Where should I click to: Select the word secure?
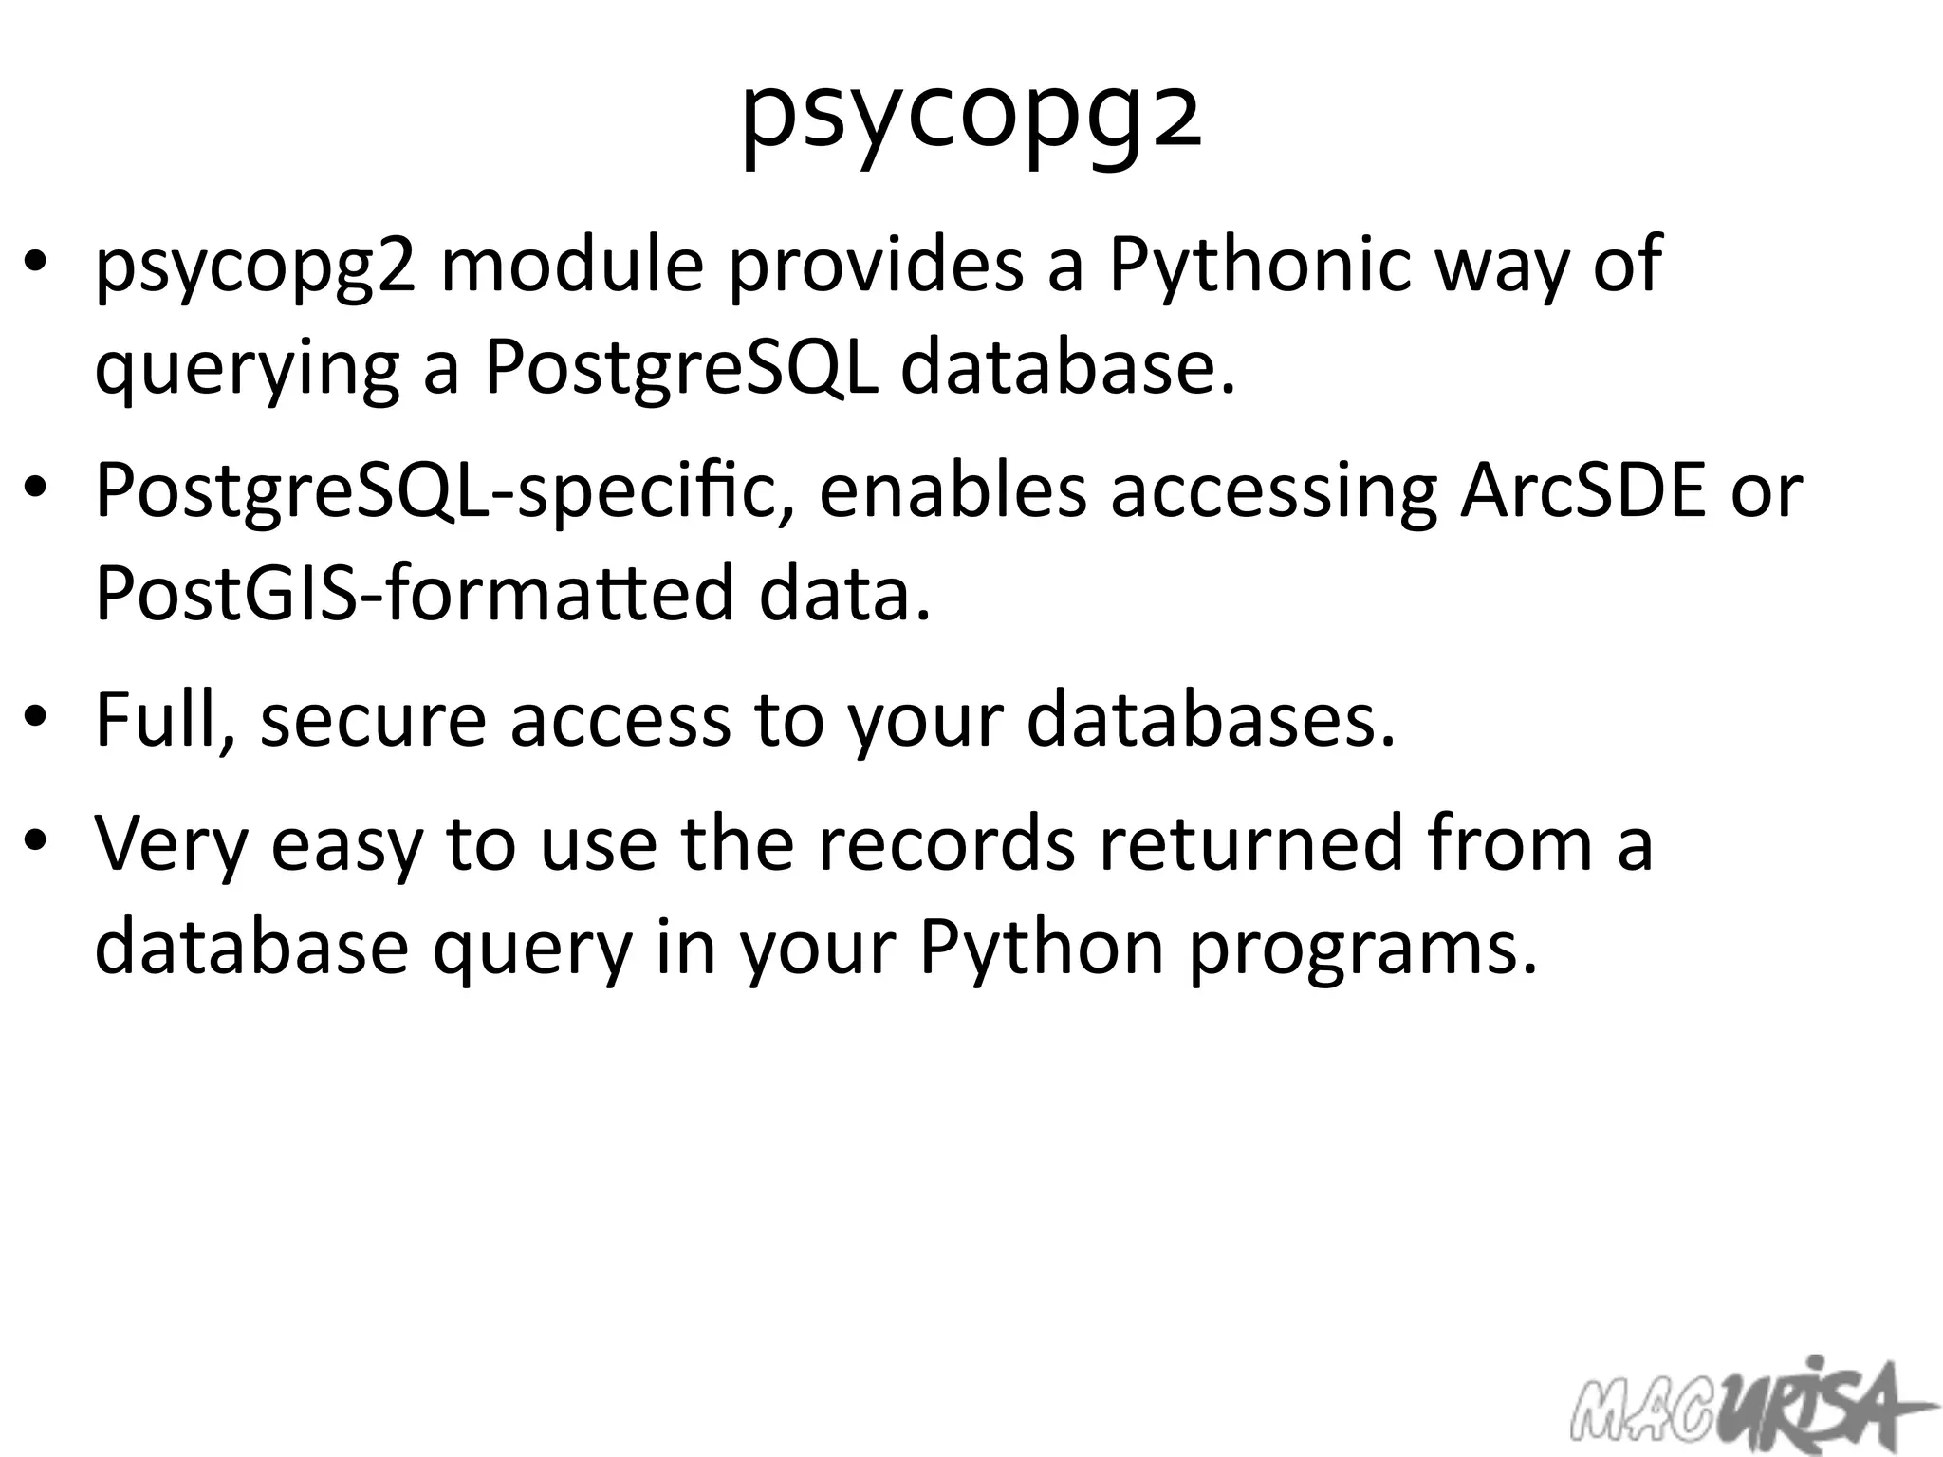pyautogui.click(x=373, y=719)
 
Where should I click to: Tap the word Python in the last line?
pyautogui.click(x=1041, y=949)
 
